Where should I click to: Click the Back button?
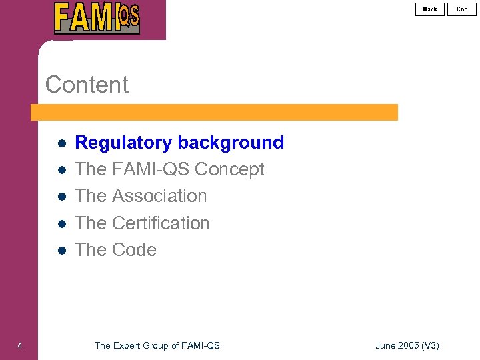coord(430,9)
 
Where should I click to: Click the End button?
coord(462,9)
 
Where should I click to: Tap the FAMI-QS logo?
coord(97,19)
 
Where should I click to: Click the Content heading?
coord(87,85)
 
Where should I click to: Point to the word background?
coord(231,143)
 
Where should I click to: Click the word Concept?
coord(229,169)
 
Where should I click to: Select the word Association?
coord(159,196)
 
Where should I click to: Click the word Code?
coord(134,250)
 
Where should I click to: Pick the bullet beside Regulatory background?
coord(60,143)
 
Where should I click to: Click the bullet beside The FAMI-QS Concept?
coord(60,170)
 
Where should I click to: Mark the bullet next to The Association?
coord(60,197)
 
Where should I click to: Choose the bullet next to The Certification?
coord(60,224)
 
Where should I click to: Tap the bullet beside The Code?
coord(60,251)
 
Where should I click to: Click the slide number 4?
coord(20,345)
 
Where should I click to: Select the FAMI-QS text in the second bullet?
coord(151,169)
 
